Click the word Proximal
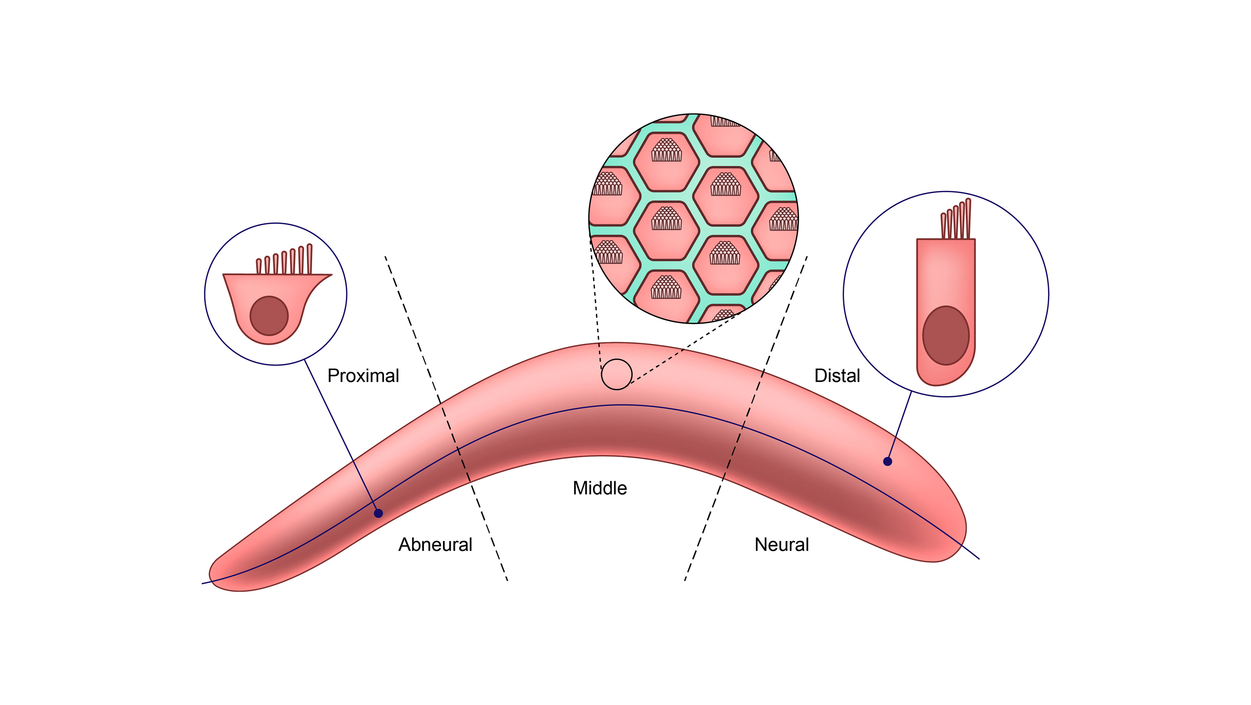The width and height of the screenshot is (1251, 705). click(363, 376)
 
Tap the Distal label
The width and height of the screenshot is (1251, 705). click(837, 376)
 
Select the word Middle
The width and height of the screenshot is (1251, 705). click(600, 488)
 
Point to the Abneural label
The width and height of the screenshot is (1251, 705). click(435, 545)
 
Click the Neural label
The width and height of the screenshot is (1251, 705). click(782, 545)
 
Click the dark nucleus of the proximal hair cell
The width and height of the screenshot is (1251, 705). click(269, 316)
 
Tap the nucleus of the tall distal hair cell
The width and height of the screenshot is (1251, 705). click(945, 335)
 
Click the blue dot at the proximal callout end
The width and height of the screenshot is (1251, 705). click(378, 513)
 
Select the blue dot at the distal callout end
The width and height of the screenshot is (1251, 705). click(887, 461)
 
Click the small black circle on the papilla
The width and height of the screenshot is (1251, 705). click(616, 374)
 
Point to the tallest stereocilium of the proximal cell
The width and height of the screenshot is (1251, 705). click(309, 258)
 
